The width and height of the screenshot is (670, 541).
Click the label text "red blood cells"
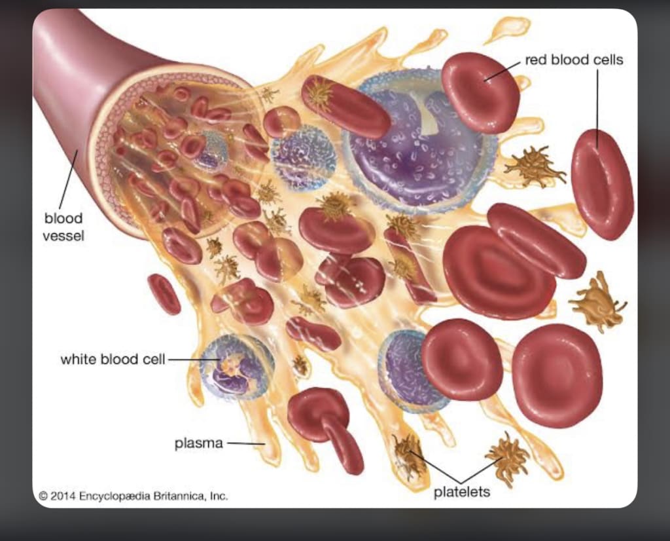tap(574, 60)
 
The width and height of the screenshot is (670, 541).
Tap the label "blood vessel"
tap(63, 226)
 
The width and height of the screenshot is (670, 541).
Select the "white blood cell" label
tap(113, 360)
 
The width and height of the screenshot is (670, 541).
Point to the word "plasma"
tap(198, 443)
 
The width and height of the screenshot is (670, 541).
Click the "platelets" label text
tap(461, 492)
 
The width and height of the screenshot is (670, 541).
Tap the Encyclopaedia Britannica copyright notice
tap(133, 496)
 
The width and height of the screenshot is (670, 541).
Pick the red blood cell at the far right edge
tap(602, 184)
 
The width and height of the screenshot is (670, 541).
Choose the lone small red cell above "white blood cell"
tap(164, 294)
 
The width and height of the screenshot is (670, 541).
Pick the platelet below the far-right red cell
tap(595, 301)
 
